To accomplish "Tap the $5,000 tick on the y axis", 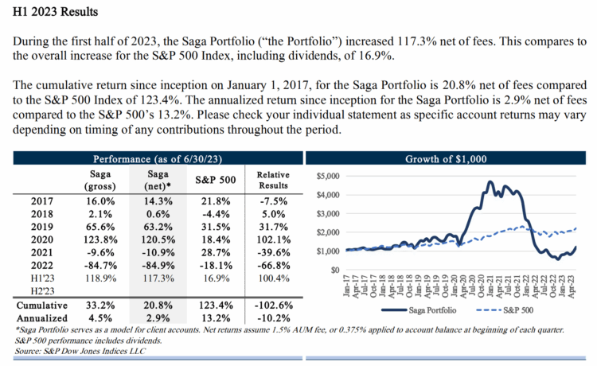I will pyautogui.click(x=328, y=176).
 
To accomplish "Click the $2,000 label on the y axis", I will pyautogui.click(x=328, y=232).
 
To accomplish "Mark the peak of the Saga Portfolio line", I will pyautogui.click(x=489, y=182).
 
